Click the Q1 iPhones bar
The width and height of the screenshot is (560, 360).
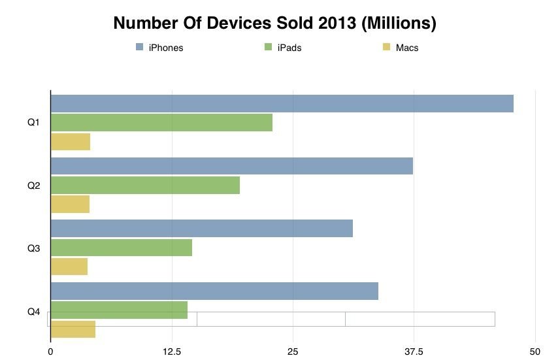(x=282, y=103)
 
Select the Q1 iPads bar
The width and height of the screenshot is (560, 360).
(x=161, y=122)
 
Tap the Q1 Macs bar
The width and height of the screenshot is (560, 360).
(x=71, y=142)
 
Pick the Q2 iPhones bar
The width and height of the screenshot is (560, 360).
(x=231, y=166)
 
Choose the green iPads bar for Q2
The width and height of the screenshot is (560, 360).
(x=145, y=185)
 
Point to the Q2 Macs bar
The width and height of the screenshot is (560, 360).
(x=70, y=204)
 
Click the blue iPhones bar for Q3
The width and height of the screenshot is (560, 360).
(x=201, y=228)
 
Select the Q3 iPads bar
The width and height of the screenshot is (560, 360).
(x=122, y=248)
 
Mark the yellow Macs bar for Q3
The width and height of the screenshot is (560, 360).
(x=69, y=267)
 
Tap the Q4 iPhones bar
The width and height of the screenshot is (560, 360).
(x=214, y=291)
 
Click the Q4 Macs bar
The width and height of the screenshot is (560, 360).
(x=73, y=330)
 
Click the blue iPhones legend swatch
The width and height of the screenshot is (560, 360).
(x=139, y=47)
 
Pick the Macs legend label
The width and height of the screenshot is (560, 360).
(x=407, y=48)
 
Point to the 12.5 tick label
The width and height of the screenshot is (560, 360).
(x=172, y=352)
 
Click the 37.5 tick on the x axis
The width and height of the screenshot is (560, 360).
(x=414, y=352)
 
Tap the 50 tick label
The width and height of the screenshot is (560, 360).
(x=535, y=352)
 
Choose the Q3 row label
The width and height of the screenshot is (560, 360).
(x=34, y=248)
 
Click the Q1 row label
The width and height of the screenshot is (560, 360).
(x=34, y=122)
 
